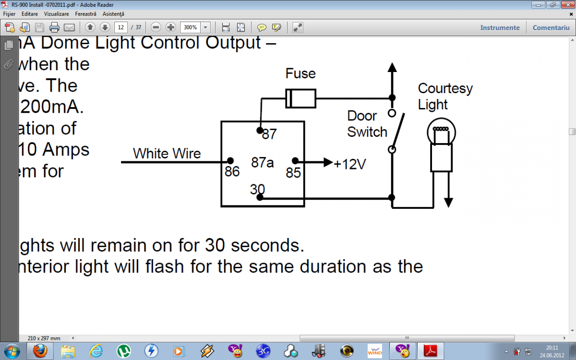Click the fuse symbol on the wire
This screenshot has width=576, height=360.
point(300,98)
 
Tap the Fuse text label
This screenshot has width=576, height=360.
point(300,73)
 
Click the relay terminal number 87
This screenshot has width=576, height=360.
point(269,134)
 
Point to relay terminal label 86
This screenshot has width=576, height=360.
point(232,171)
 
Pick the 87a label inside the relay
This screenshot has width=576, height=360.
point(263,163)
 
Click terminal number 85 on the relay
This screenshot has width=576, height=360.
point(293,173)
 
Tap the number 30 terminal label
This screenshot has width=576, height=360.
point(257,190)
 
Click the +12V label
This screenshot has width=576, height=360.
point(350,164)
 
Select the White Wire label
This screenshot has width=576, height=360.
point(167,154)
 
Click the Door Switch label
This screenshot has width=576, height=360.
point(367,124)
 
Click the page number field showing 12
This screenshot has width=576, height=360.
point(121,27)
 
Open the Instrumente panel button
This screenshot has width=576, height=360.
point(500,27)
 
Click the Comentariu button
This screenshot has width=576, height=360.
point(551,27)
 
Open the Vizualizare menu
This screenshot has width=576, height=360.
point(57,14)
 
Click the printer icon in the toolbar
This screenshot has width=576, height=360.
point(54,27)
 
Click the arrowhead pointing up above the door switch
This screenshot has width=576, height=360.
point(392,68)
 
